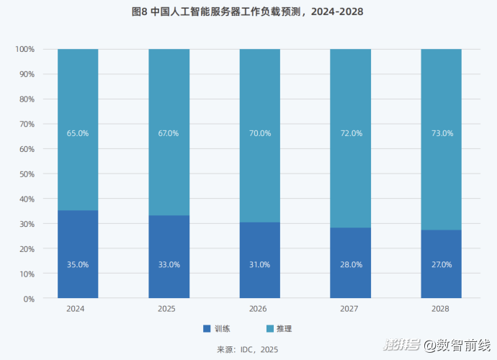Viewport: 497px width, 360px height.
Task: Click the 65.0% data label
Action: [78, 133]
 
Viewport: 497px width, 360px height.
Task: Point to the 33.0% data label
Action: [169, 264]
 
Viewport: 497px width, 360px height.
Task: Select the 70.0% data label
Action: [259, 133]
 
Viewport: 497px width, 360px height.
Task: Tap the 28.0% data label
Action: [351, 264]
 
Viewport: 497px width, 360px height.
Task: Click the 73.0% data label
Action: [442, 133]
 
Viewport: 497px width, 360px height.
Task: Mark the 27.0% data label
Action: [442, 264]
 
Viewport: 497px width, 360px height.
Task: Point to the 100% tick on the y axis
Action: [24, 49]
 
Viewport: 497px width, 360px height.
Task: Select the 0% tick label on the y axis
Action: [29, 298]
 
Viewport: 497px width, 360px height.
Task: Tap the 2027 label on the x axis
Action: [351, 309]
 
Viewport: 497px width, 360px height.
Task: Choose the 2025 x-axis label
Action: [169, 309]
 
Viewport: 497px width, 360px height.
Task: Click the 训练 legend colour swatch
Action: [207, 328]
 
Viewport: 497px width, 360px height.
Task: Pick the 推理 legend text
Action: [284, 328]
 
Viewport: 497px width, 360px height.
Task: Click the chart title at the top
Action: [248, 12]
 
